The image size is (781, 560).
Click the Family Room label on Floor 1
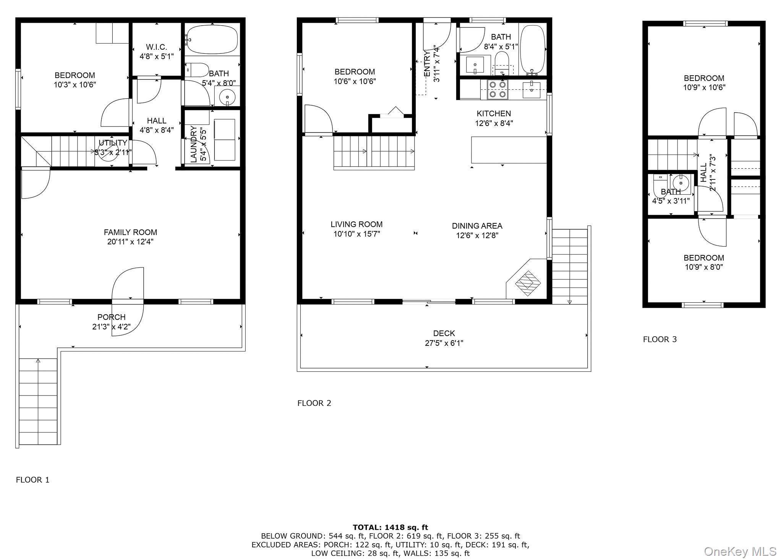point(130,232)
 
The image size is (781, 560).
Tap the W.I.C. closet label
point(156,47)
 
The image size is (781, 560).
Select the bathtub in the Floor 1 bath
point(211,39)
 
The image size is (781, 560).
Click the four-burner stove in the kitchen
point(497,90)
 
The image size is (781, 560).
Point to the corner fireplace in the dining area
point(528,283)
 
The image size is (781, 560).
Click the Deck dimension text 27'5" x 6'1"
point(444,343)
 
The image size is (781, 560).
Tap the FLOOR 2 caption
point(314,403)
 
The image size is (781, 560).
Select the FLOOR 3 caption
point(659,339)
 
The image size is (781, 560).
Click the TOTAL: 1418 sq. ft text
point(390,528)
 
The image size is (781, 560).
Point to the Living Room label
point(356,224)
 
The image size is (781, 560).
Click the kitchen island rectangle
point(509,150)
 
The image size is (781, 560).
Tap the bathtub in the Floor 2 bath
point(532,50)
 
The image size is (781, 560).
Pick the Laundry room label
point(194,144)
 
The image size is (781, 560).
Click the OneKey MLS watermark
point(740,551)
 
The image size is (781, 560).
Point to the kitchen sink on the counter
point(531,90)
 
